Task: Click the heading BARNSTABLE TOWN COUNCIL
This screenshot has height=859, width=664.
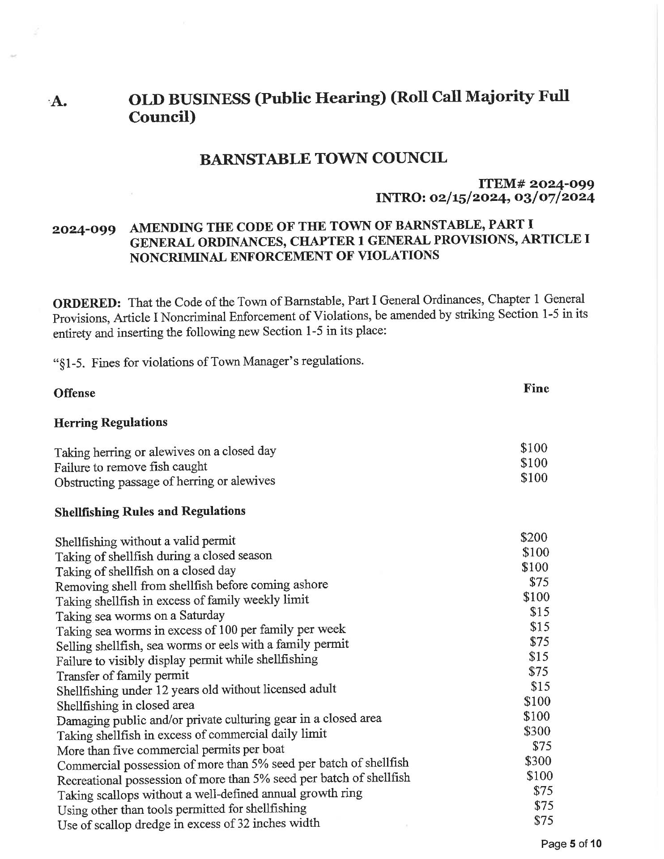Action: click(323, 158)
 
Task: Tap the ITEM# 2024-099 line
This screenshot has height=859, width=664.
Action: click(536, 184)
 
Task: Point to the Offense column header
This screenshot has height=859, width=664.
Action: click(74, 393)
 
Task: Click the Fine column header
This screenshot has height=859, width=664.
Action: click(536, 388)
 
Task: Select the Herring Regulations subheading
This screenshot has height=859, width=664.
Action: click(111, 423)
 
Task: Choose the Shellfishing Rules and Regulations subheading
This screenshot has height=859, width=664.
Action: click(150, 511)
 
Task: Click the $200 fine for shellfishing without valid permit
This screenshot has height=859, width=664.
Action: click(534, 537)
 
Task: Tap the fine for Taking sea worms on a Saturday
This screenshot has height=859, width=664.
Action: click(540, 612)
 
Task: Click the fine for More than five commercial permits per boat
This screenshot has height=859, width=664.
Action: click(542, 746)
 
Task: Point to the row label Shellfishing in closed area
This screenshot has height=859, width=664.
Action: click(125, 706)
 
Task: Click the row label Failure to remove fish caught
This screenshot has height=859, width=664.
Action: click(130, 467)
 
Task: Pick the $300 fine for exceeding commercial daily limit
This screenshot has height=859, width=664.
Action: click(537, 731)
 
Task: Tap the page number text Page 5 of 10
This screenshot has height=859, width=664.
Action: click(571, 844)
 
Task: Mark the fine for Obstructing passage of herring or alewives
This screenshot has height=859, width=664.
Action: click(534, 478)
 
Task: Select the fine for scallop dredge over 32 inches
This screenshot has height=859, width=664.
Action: click(544, 820)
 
